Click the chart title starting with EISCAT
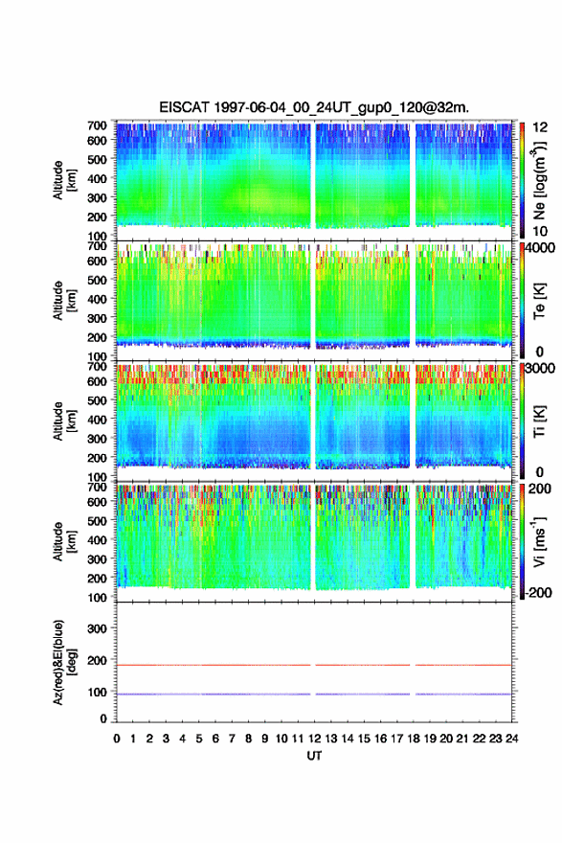314,107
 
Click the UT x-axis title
314,756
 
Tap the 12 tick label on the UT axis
314,739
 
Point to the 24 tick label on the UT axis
511,739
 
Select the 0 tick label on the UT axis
117,739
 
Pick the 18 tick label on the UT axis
414,739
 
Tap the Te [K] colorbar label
539,301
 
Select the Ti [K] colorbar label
539,421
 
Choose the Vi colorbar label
539,541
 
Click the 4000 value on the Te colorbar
541,248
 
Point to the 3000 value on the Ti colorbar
541,368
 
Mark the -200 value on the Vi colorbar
537,592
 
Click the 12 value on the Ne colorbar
540,127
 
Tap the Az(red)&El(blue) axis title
64,662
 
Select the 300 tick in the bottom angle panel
97,628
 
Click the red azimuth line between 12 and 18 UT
363,665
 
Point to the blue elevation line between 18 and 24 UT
463,695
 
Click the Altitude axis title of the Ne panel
64,180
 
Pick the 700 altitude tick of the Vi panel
97,487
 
